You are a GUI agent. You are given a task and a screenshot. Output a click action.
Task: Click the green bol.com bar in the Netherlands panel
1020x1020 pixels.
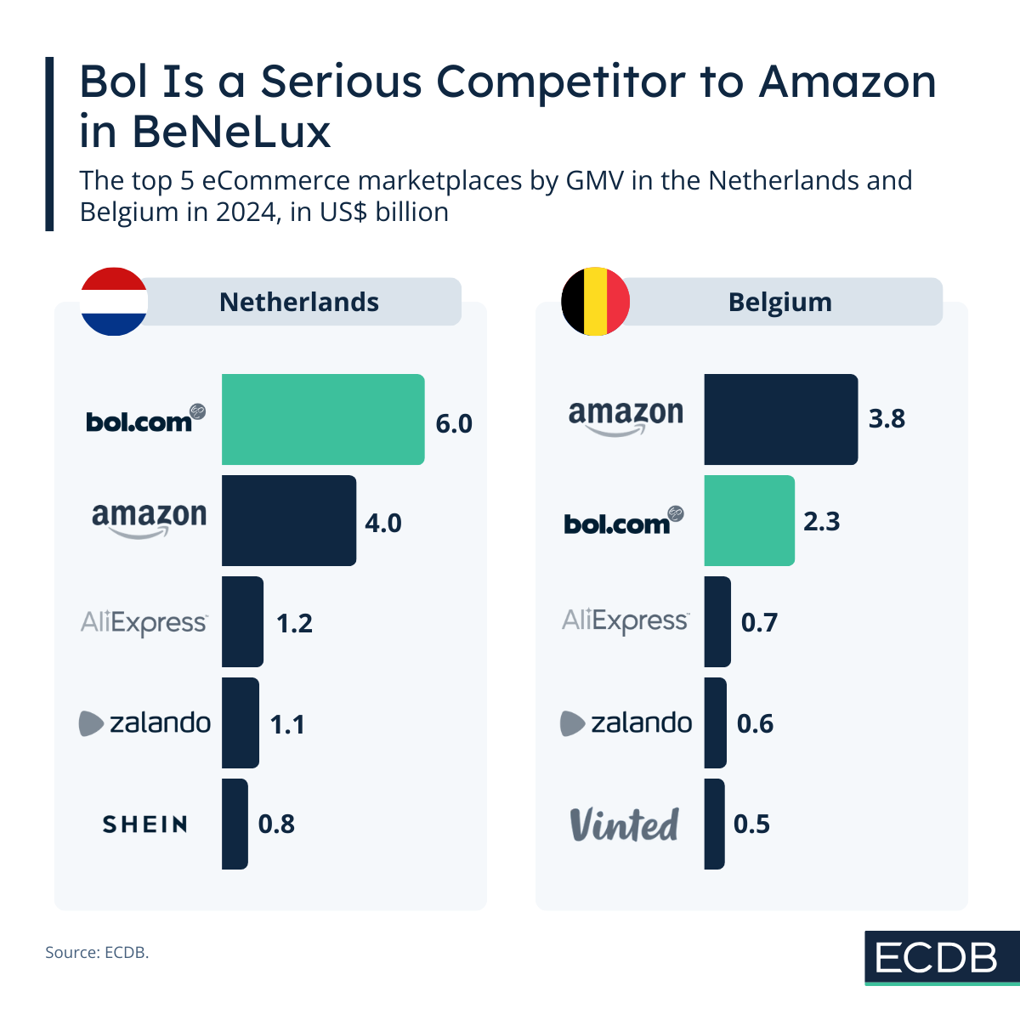coord(323,419)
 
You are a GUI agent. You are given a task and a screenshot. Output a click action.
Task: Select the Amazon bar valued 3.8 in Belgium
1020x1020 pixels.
coord(780,419)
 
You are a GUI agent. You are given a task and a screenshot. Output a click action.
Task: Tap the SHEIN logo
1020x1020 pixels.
coord(145,824)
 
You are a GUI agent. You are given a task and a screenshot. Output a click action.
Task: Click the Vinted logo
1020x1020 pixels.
coord(625,824)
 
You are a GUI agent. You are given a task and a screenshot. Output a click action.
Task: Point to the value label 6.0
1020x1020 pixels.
coord(454,423)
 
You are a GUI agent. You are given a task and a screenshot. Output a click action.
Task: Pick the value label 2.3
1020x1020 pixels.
coord(822,521)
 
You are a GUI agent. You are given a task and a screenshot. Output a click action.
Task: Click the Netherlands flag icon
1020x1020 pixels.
coord(114,302)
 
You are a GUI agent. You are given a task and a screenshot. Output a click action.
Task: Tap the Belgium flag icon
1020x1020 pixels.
coord(596,302)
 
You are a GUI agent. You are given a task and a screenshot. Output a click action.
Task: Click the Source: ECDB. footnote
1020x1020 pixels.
coord(97,953)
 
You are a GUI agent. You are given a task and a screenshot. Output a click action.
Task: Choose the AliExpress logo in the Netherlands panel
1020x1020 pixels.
coord(144,623)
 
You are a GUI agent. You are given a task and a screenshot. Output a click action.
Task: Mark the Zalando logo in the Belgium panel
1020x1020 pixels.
coord(626,723)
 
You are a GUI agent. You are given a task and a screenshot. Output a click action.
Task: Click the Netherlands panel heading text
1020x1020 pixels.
coord(299,303)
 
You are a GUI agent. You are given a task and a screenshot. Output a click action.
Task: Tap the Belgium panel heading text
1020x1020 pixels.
coord(780,303)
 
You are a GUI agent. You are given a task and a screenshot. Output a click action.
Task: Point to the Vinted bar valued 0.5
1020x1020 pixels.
coord(714,824)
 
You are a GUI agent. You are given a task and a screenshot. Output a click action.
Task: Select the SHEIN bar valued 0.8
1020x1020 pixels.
coord(235,824)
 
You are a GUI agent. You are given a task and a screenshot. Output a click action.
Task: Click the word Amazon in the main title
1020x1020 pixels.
coord(847,82)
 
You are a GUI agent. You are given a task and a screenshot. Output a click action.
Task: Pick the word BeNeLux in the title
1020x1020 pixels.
coord(230,132)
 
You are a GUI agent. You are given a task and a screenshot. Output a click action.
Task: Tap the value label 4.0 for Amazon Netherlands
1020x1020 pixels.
coord(383,523)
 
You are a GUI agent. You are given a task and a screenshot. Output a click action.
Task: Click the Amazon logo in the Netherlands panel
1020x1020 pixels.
coord(149,518)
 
